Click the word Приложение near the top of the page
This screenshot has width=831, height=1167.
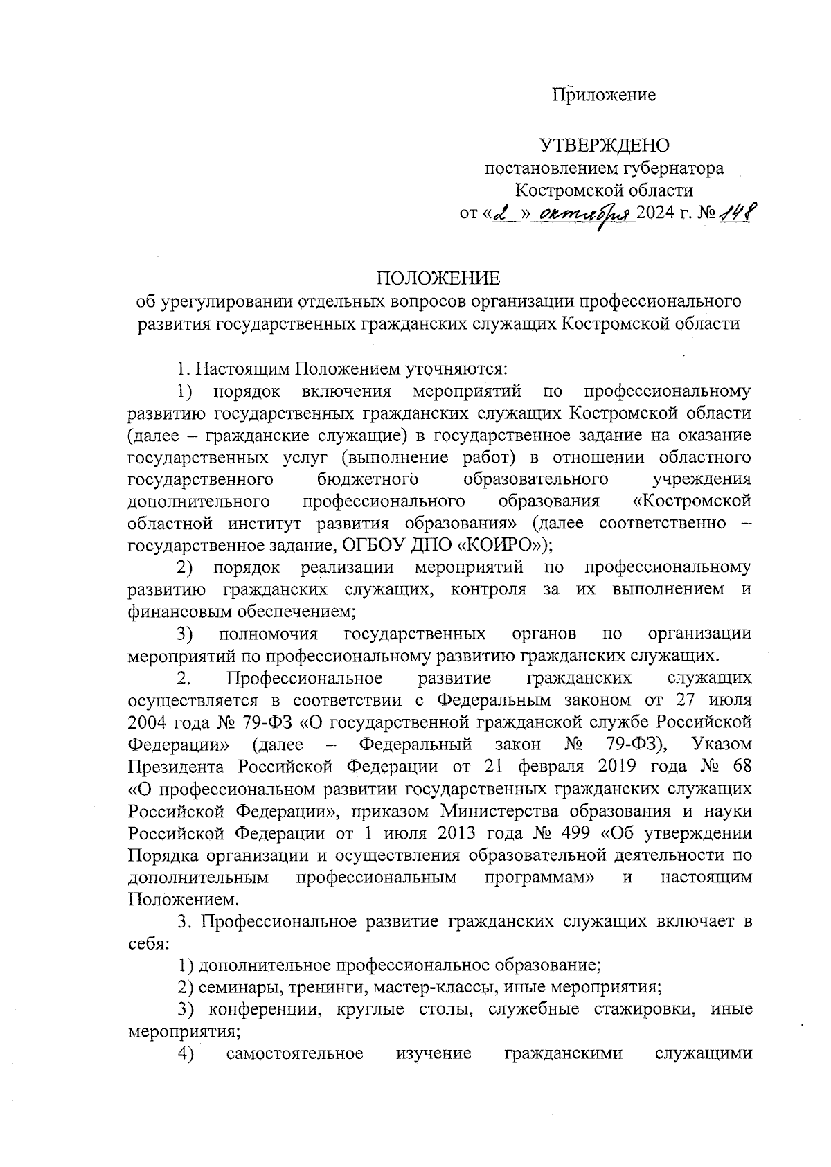604,95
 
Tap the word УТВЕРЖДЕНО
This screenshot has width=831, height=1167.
605,145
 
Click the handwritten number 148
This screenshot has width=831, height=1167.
737,211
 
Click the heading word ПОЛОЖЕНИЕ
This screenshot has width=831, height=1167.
438,278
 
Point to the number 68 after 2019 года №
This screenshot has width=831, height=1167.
738,767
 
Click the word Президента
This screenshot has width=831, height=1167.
177,767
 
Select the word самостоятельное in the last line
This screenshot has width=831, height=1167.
294,1053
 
